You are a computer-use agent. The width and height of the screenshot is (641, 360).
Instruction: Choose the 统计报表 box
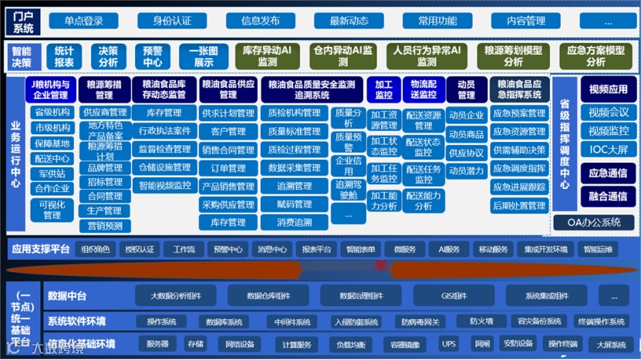(x=65, y=56)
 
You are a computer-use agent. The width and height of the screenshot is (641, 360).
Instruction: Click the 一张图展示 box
(x=204, y=56)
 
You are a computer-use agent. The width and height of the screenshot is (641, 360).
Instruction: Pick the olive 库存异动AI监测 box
(x=267, y=56)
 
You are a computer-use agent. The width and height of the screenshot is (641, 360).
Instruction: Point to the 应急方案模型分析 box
(x=595, y=56)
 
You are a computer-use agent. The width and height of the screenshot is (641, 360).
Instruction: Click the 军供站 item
(x=52, y=173)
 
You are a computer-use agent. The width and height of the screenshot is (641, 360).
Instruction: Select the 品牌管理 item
(x=104, y=167)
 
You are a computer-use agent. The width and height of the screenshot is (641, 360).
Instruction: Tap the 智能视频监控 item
(x=165, y=186)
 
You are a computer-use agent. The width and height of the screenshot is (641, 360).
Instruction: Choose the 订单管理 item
(x=228, y=167)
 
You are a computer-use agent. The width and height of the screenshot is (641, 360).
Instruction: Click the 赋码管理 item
(x=294, y=204)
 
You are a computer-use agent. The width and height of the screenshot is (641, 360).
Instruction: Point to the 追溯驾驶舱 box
(x=349, y=190)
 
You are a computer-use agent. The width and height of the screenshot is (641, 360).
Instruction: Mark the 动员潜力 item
(x=466, y=170)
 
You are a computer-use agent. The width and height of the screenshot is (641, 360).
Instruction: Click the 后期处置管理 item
(x=519, y=206)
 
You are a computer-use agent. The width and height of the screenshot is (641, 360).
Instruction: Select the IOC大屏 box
(x=609, y=147)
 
